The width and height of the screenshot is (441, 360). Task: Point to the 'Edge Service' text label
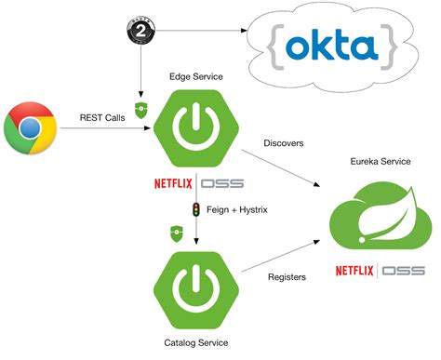[195, 75]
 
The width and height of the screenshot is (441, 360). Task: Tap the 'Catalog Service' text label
[195, 342]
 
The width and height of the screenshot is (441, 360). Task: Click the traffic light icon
[195, 209]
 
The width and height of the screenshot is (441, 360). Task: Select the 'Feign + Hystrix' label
[236, 210]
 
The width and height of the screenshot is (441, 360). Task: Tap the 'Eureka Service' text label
[380, 161]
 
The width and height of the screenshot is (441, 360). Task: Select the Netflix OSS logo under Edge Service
[197, 183]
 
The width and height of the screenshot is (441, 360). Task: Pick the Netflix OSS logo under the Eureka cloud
[381, 272]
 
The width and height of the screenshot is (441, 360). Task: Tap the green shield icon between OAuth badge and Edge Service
[140, 108]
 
